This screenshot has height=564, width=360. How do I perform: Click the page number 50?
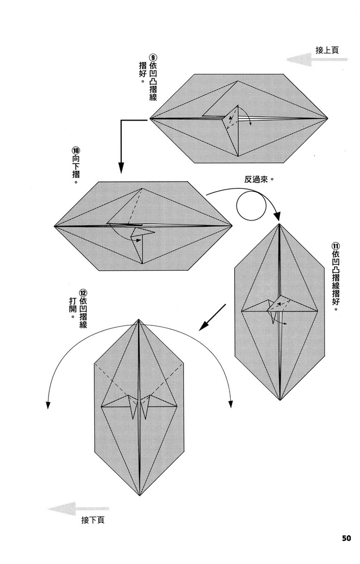346,537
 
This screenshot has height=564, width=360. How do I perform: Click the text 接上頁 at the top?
327,50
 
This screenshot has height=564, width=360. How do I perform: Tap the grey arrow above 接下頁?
70,509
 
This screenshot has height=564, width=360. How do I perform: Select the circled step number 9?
152,56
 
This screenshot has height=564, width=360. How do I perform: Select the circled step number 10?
76,151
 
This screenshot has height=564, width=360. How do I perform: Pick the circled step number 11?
336,246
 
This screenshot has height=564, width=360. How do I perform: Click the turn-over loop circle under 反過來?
251,206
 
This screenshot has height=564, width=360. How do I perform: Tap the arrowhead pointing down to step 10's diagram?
120,169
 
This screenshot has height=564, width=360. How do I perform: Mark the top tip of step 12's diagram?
139,320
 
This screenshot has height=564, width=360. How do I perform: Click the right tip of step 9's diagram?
328,118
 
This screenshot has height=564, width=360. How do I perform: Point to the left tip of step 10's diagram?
55,226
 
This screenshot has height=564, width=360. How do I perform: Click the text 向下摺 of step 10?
76,170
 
